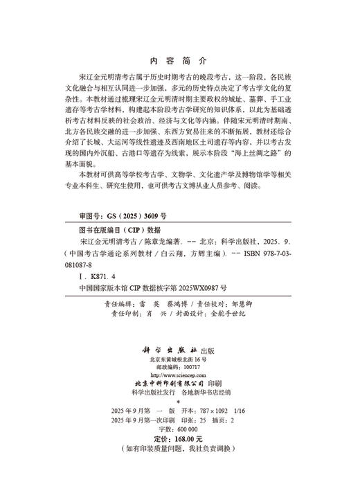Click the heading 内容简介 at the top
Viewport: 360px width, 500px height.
click(179, 61)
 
